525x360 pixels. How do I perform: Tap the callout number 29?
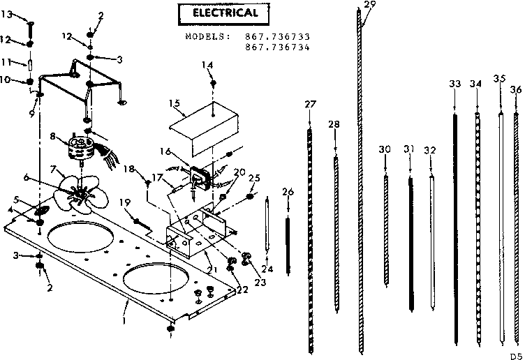(x=369, y=5)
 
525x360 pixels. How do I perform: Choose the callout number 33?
(x=455, y=84)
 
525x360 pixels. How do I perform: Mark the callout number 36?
(x=515, y=89)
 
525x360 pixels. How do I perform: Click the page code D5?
(x=515, y=352)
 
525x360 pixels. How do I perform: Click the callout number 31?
(x=409, y=149)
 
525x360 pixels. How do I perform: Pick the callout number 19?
(x=124, y=202)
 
